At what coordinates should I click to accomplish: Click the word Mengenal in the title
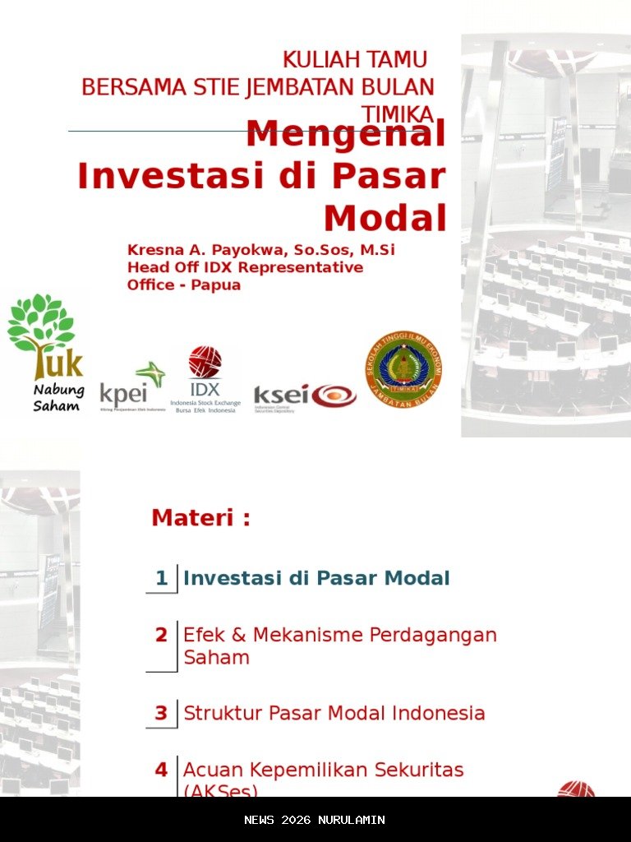pos(345,134)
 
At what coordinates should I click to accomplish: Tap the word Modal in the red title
pos(385,219)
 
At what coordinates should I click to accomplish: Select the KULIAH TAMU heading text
pos(355,60)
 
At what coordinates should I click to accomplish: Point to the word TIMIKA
pos(398,114)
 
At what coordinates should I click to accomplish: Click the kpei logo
pos(132,386)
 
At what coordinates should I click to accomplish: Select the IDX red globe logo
pos(205,363)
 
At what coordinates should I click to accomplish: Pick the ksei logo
pos(305,396)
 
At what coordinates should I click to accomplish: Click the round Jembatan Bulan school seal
pos(403,370)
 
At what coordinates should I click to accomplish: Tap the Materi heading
pos(200,518)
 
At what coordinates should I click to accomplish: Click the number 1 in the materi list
pos(162,578)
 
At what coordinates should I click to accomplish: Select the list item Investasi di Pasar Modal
pos(316,578)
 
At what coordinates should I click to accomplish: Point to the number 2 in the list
pos(162,635)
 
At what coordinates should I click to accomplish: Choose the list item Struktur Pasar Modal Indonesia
pos(334,713)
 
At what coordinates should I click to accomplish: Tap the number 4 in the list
pos(162,770)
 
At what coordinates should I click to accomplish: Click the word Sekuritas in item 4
pos(419,770)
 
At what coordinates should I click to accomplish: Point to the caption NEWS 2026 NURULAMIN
pos(315,820)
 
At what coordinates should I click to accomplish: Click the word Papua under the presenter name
pos(214,285)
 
